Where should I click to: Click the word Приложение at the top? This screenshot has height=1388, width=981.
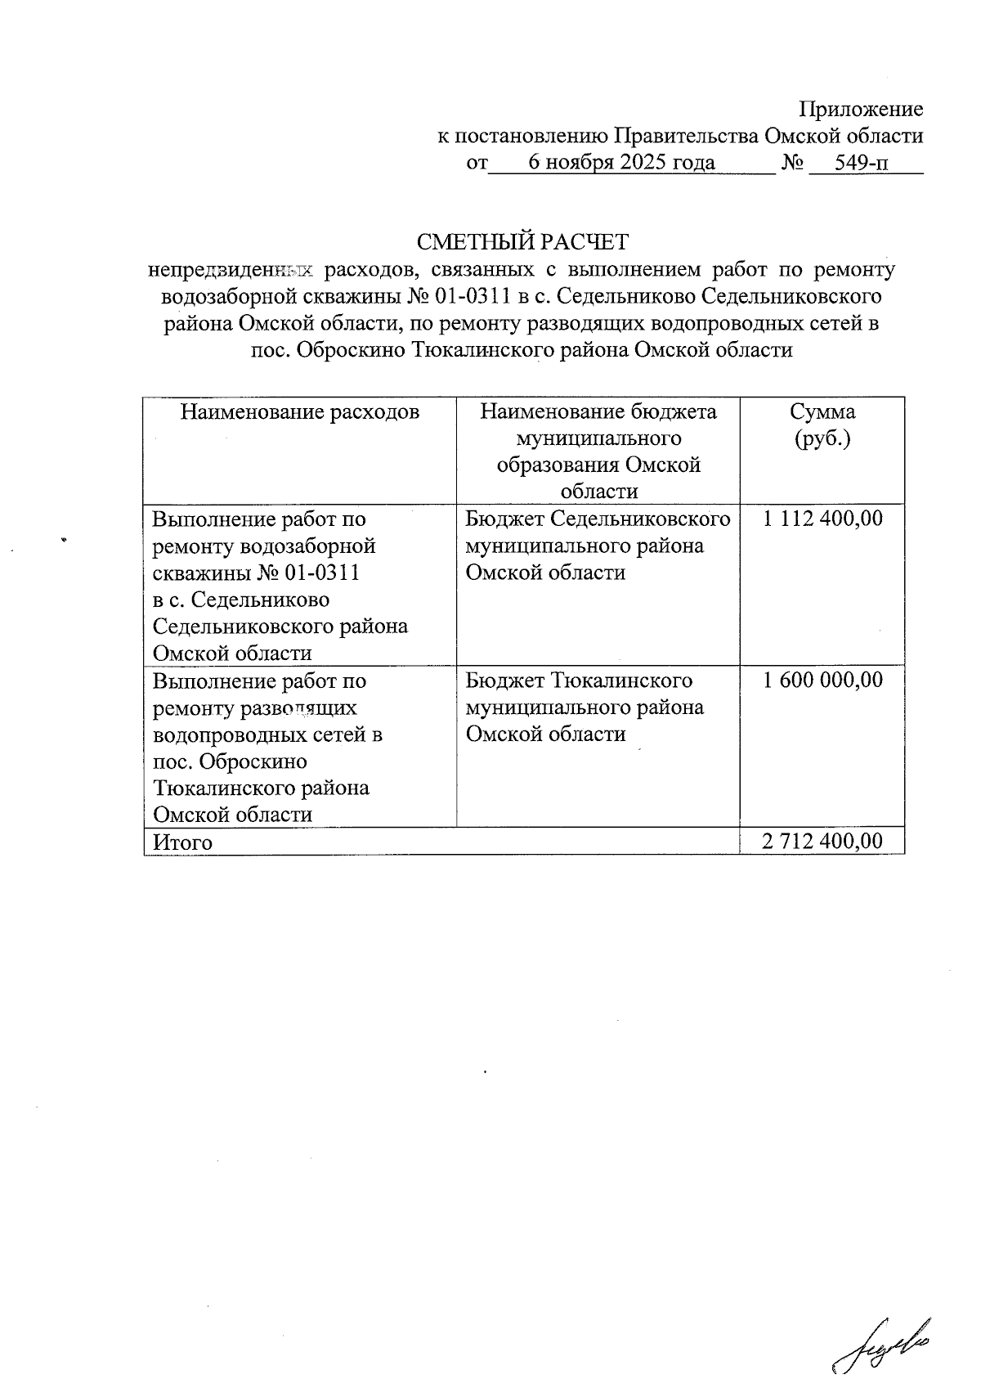point(860,110)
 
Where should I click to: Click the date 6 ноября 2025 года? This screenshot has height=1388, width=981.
point(621,163)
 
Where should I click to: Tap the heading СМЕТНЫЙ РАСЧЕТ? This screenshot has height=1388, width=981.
point(522,242)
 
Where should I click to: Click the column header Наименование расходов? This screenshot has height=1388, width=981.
point(299,411)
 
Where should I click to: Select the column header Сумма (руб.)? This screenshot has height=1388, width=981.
point(822,424)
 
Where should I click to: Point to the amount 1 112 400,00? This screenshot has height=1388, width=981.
point(822,519)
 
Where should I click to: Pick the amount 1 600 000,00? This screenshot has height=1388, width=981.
point(822,681)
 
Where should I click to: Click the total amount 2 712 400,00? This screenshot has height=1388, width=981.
point(822,842)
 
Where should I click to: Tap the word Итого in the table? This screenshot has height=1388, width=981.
point(183,842)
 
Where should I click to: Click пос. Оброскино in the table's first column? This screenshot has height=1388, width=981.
point(231,761)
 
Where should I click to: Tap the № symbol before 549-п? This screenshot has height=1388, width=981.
point(791,163)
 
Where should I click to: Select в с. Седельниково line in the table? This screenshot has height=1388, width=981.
point(241,600)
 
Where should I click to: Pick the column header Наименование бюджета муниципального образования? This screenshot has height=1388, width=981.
point(598,451)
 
